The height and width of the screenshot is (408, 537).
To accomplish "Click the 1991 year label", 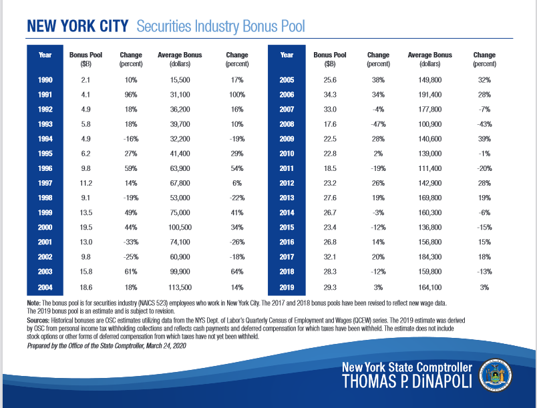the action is point(45,95).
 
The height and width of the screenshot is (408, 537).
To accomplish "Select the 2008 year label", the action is point(287,124).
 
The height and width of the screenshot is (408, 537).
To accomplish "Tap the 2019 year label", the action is point(287,288).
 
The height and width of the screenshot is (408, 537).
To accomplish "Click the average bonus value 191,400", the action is point(430,95).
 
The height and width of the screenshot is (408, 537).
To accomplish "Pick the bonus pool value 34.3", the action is point(330,95).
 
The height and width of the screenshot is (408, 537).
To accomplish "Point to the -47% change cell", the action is point(378,124).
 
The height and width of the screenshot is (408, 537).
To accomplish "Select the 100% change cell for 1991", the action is point(237,95).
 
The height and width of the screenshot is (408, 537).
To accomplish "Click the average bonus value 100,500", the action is point(180,227).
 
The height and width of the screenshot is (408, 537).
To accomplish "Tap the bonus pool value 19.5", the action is point(85,227).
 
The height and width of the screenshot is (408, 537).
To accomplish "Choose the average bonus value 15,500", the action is point(180,80).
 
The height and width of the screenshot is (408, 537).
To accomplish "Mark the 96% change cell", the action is point(131,95).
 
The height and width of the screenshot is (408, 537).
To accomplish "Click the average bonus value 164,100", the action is point(430,288).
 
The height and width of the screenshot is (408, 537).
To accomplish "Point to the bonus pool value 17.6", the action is point(330,124).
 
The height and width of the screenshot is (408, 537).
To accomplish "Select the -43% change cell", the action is point(484,124).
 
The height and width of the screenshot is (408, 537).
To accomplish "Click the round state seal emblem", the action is point(495,375).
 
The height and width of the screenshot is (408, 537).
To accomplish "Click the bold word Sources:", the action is point(38,321).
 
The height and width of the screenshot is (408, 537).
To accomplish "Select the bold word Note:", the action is point(33,303).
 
